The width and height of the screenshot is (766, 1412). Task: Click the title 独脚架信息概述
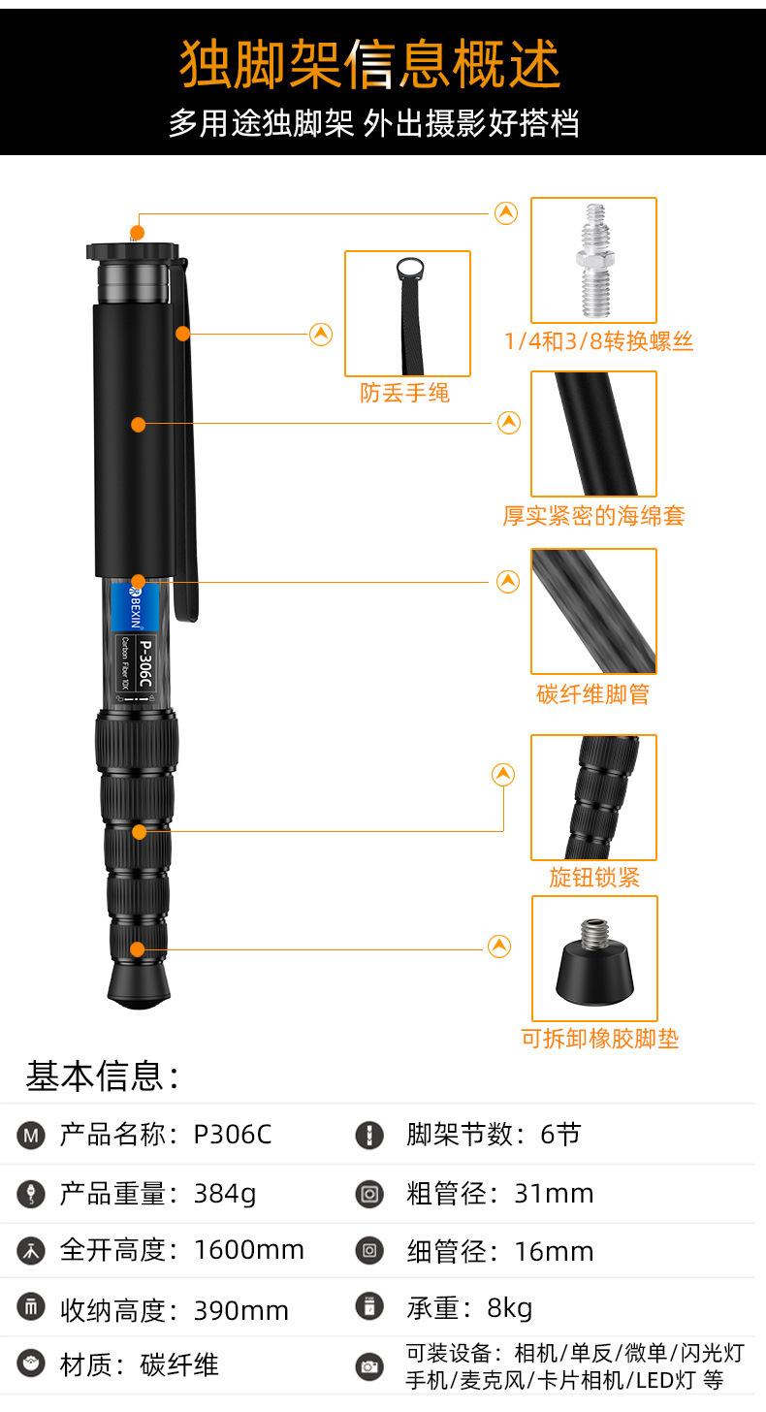point(370,65)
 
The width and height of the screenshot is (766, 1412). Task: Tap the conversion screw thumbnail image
point(593,260)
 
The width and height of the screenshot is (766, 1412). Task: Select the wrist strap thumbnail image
point(407,312)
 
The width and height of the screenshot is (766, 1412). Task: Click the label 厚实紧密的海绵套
point(593,516)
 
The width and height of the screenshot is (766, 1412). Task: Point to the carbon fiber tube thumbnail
point(593,611)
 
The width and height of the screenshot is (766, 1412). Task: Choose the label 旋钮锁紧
point(594,878)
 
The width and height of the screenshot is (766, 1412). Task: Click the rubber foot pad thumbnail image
point(593,958)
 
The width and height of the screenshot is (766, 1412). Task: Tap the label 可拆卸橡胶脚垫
point(600,1039)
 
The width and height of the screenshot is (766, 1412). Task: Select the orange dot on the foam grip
point(138,424)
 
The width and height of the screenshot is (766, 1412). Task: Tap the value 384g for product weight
point(225,1194)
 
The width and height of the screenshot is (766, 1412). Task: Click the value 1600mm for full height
point(249,1250)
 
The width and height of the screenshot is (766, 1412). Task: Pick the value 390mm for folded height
point(241,1310)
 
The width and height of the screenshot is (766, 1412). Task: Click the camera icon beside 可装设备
point(369,1366)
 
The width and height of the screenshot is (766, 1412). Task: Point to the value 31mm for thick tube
point(554,1193)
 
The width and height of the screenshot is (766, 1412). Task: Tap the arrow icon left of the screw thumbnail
point(506,213)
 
